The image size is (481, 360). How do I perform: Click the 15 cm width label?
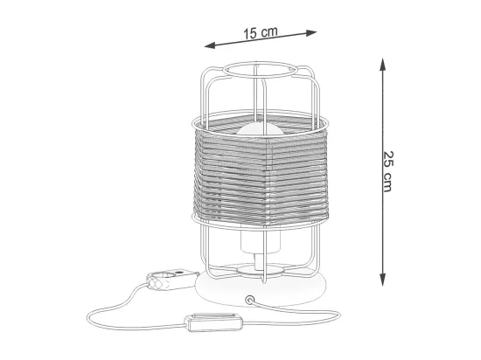pos(261,32)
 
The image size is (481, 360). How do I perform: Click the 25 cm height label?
pos(387,171)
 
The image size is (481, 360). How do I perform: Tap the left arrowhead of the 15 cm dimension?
pos(210,45)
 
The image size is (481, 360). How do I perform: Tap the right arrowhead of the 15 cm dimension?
pos(311,32)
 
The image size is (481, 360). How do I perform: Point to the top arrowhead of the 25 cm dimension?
pos(382,64)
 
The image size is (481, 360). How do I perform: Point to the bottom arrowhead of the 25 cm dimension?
pos(382,280)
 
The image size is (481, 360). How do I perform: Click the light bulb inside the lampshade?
pos(259,130)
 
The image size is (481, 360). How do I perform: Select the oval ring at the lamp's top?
pos(260,69)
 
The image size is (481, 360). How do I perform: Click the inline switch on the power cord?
pos(213,322)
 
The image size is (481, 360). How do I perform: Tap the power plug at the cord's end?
pos(171,279)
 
